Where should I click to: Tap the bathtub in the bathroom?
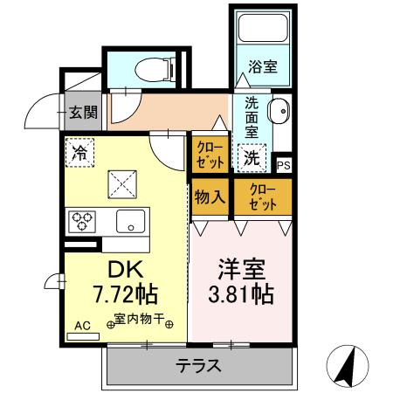pyautogui.click(x=263, y=28)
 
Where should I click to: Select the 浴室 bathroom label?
pyautogui.click(x=263, y=66)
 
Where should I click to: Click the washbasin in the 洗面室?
pyautogui.click(x=279, y=111)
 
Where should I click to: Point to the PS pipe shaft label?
pyautogui.click(x=283, y=165)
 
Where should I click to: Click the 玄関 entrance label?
pyautogui.click(x=83, y=112)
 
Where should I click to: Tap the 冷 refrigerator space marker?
pyautogui.click(x=79, y=153)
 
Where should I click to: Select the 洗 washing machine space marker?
pyautogui.click(x=252, y=158)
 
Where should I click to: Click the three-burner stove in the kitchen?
pyautogui.click(x=82, y=222)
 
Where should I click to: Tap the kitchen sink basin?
pyautogui.click(x=131, y=221)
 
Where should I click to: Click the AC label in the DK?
pyautogui.click(x=82, y=326)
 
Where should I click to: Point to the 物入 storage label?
pyautogui.click(x=210, y=197)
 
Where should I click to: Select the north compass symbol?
pyautogui.click(x=348, y=366)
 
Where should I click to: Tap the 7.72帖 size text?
pyautogui.click(x=126, y=294)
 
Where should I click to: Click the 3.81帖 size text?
pyautogui.click(x=241, y=294)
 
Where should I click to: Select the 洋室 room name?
pyautogui.click(x=241, y=269)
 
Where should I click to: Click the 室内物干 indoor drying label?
pyautogui.click(x=140, y=319)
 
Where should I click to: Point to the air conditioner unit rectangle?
pyautogui.click(x=83, y=336)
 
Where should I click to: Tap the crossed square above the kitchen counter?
pyautogui.click(x=122, y=184)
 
